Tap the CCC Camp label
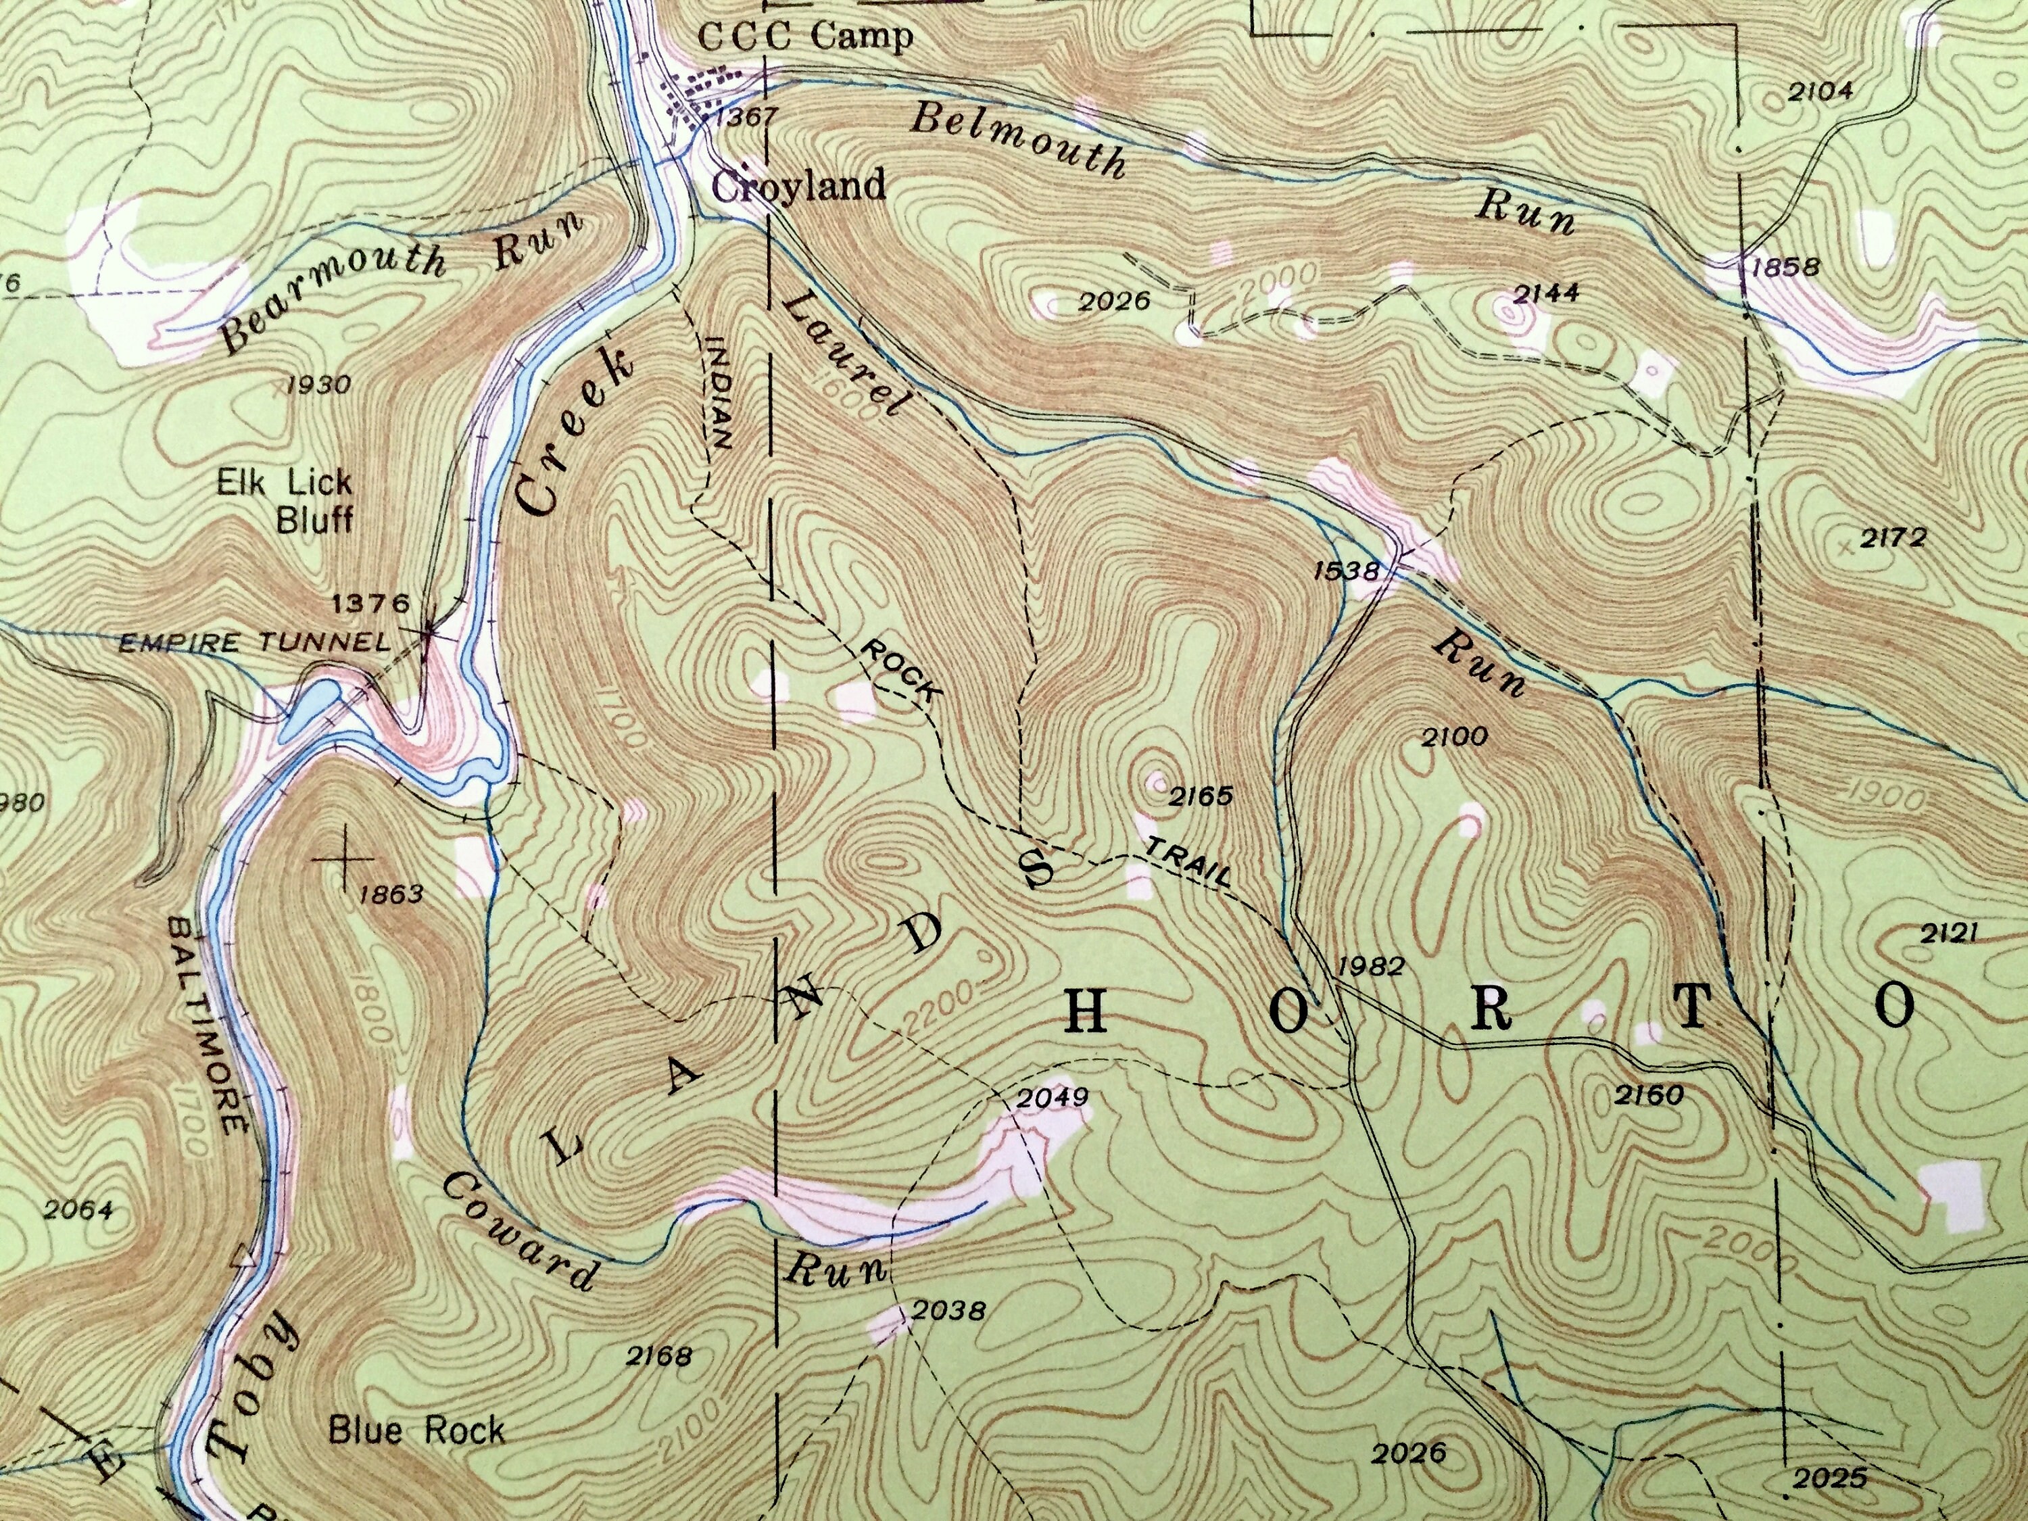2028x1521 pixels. click(805, 37)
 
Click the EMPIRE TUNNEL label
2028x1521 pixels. click(256, 643)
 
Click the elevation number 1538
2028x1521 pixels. click(1346, 571)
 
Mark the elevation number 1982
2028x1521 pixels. click(1372, 965)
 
